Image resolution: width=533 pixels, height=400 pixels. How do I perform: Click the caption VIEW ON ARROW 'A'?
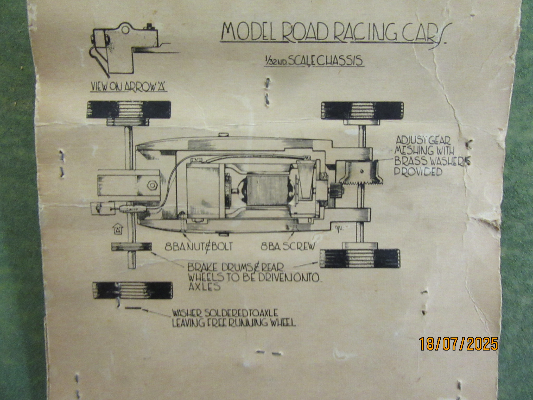pos(129,87)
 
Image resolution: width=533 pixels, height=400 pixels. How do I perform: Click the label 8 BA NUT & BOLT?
pos(199,246)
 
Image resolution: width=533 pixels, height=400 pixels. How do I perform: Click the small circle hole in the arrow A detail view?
pos(125,30)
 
